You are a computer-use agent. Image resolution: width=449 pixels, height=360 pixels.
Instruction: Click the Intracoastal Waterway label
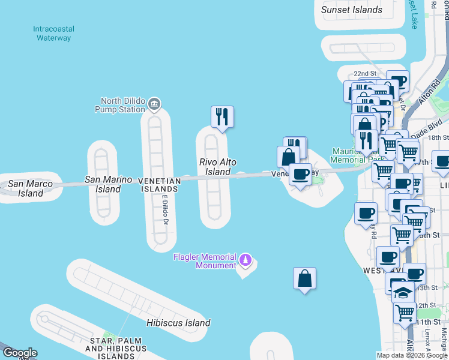[x=52, y=33]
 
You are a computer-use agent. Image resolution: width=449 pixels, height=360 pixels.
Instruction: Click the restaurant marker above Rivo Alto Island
[x=222, y=117]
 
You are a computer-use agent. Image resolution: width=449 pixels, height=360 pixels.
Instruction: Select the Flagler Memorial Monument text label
[x=205, y=261]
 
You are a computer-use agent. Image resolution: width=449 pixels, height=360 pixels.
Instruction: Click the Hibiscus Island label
[x=178, y=323]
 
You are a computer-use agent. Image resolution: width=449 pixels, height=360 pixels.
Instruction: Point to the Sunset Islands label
[x=352, y=10]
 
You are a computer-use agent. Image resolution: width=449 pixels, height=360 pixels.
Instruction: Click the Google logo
[x=19, y=353]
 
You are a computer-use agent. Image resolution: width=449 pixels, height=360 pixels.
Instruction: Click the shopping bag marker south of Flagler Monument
[x=305, y=278]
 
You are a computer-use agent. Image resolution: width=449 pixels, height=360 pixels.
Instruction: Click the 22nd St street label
[x=364, y=73]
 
